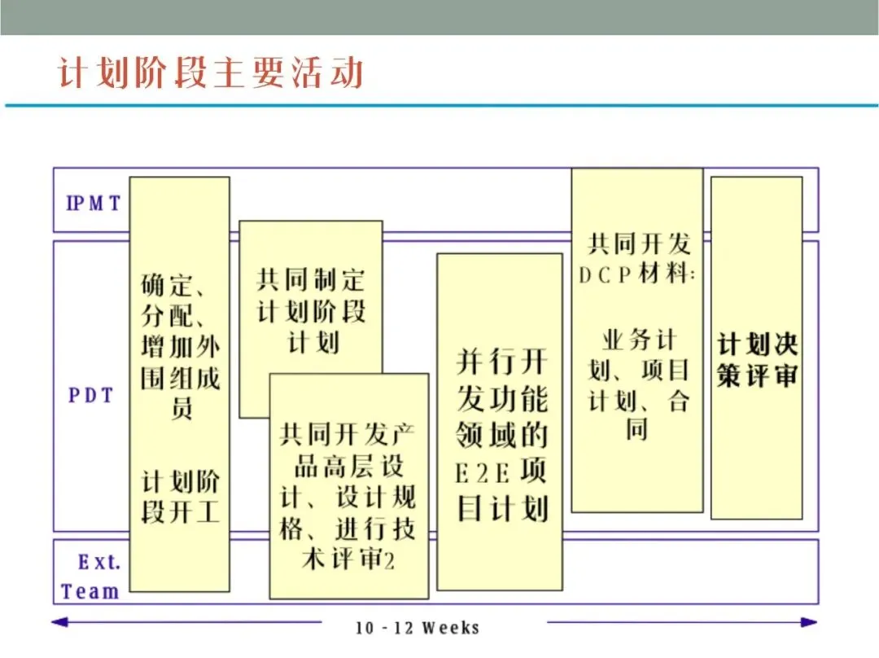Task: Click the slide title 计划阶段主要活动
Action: pos(210,73)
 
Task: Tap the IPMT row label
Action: pos(93,203)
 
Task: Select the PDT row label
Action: pos(90,396)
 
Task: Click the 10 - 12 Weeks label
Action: pos(418,628)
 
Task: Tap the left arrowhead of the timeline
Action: pos(59,622)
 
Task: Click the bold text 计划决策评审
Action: pos(756,359)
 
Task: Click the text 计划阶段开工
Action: pos(181,498)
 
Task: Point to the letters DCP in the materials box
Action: pos(606,275)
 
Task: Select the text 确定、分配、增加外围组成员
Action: pos(181,346)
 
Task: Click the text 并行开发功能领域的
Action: pos(501,399)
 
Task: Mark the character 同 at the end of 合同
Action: pos(636,428)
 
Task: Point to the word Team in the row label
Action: pos(90,591)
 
